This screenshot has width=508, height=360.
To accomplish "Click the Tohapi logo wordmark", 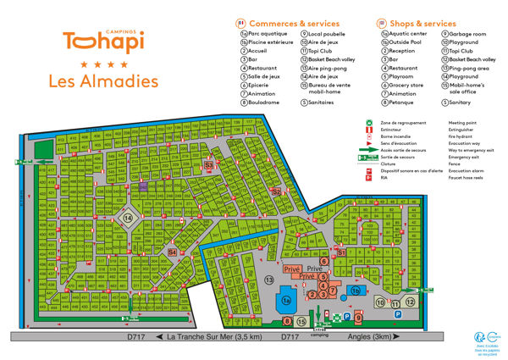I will pos(102,42).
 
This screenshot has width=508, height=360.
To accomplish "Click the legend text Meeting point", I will pos(464,122).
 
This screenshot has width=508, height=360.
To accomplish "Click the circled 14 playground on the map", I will pos(129,218).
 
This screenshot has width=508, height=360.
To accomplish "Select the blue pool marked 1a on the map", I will pos(287,299).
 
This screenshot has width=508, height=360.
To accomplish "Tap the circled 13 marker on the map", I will pos(269,279).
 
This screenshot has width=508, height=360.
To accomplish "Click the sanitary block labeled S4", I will pos(172,252).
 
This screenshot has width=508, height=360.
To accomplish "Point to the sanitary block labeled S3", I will pos(208,164).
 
